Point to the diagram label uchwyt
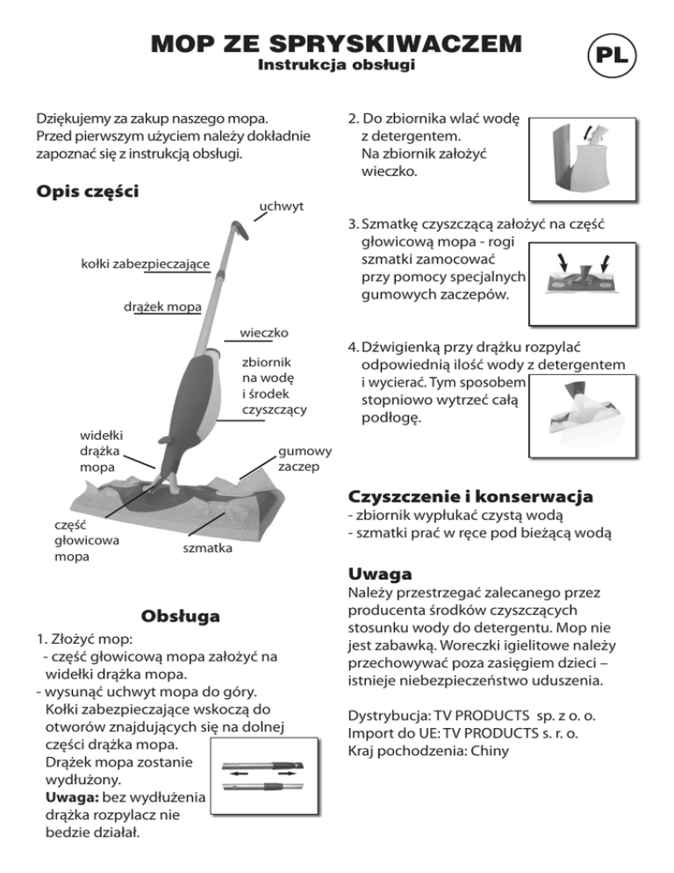281,206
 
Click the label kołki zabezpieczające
144,264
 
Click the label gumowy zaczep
305,458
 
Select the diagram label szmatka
207,549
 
